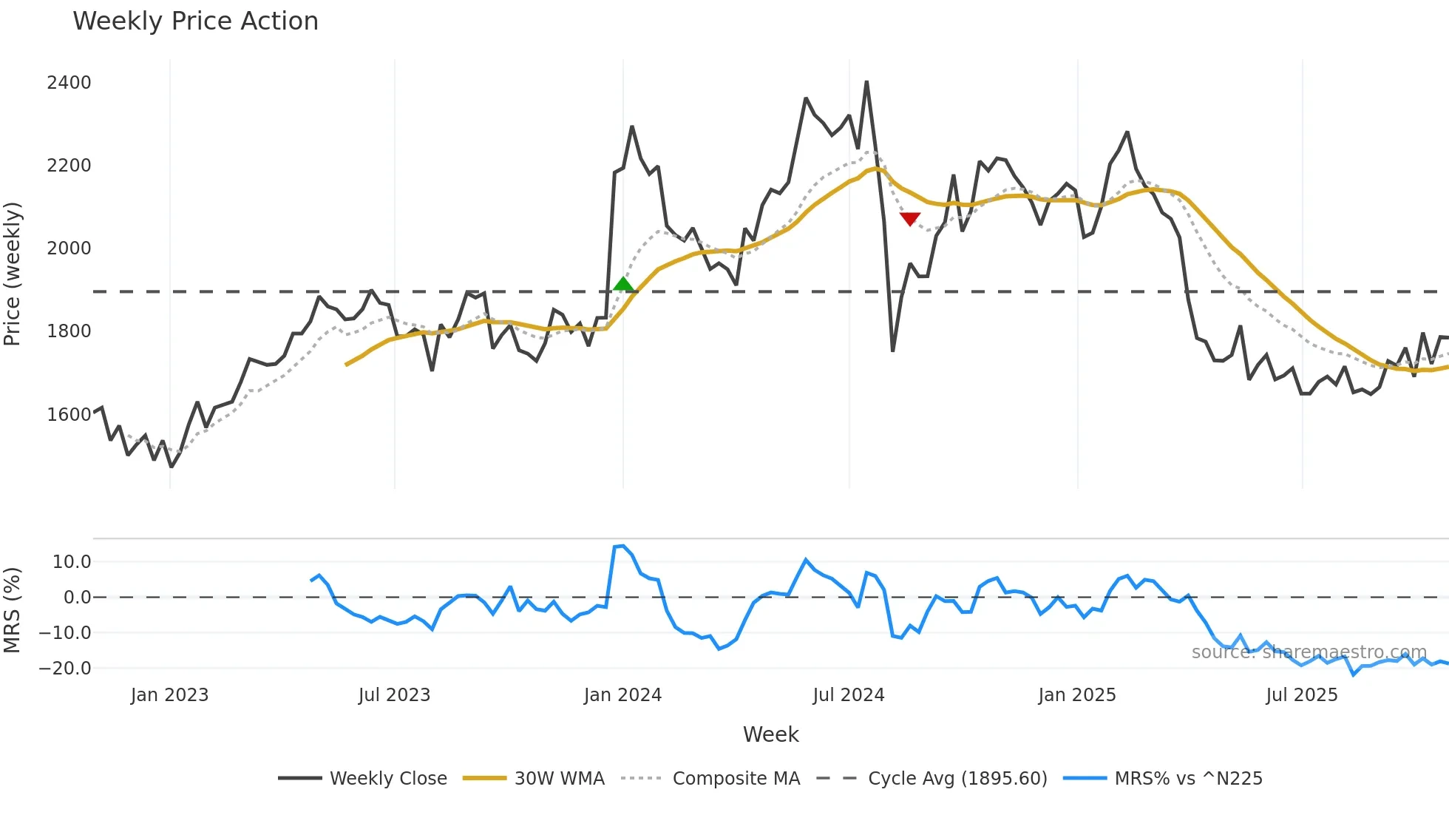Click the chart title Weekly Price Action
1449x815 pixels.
[x=195, y=21]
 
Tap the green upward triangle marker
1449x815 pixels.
[x=623, y=284]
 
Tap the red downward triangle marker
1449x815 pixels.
[x=910, y=219]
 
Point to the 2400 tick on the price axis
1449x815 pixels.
[x=69, y=82]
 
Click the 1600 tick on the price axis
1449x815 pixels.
[x=69, y=414]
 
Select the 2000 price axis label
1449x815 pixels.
[x=69, y=248]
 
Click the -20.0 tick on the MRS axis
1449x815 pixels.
[x=65, y=668]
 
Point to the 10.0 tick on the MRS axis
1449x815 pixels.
[x=72, y=561]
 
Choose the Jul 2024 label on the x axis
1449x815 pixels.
[x=848, y=695]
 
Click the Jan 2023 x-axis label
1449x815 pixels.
[x=169, y=695]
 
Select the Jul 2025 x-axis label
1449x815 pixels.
[x=1301, y=695]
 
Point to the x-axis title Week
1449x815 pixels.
[x=770, y=734]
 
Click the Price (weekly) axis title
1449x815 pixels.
[x=13, y=274]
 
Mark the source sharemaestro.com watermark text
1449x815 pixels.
[x=1309, y=652]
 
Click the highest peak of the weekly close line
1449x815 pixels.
[x=866, y=82]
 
